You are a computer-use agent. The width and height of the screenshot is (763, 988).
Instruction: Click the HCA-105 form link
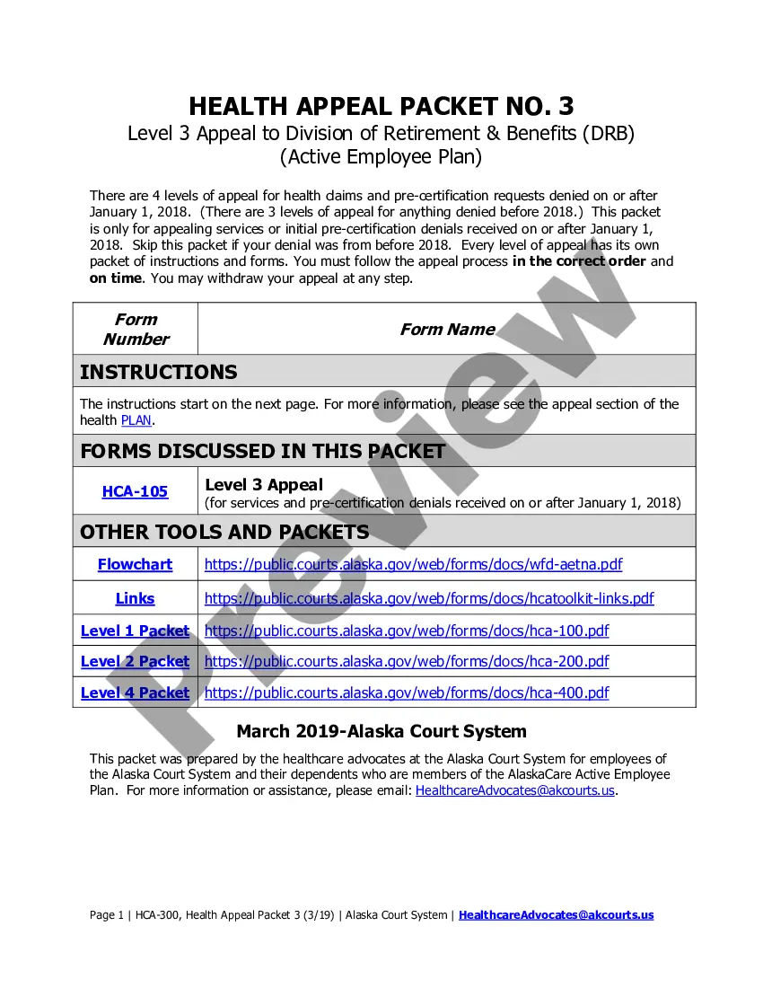coord(135,491)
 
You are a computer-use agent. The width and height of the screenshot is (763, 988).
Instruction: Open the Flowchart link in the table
coord(135,564)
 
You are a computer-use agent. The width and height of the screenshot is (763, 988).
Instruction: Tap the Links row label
coord(135,598)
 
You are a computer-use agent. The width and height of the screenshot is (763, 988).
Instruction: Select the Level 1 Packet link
coord(135,631)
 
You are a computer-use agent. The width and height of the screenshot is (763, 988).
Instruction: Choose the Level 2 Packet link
coord(135,661)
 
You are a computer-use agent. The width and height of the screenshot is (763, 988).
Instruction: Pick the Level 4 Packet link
coord(135,692)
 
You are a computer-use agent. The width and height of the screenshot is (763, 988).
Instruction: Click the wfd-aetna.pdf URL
coord(413,564)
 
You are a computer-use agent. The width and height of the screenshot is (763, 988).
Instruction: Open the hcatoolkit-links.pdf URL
coord(429,598)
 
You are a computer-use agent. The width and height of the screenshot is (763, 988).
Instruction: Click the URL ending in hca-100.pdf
coord(407,631)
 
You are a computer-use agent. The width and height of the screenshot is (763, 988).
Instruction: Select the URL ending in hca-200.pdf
coord(407,661)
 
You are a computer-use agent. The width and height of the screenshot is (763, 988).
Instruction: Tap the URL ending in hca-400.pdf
coord(407,692)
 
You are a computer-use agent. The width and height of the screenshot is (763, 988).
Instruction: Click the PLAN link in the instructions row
coord(136,420)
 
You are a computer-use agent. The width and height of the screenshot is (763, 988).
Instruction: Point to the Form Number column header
coord(136,329)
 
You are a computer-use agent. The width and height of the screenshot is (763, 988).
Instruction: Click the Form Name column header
coord(447,329)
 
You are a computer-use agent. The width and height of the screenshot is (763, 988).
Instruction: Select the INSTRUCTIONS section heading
coord(159,372)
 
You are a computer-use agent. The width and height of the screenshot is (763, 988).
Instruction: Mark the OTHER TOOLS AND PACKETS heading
coord(224,532)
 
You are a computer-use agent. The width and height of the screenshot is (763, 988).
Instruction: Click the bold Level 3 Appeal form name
coord(264,485)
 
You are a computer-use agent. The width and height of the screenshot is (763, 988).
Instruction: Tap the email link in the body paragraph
coord(515,790)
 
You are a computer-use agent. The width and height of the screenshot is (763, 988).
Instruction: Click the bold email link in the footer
coord(557,914)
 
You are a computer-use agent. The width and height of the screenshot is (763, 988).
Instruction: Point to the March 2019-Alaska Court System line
coord(381,731)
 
